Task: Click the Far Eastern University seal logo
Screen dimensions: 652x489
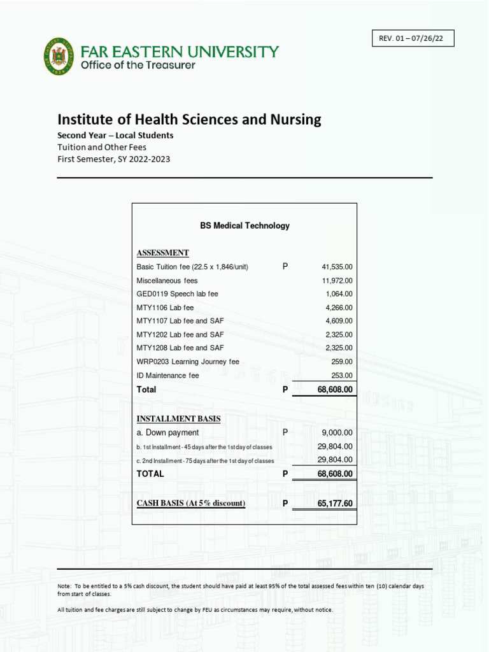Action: (59, 56)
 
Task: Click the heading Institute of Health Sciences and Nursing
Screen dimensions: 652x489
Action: (189, 119)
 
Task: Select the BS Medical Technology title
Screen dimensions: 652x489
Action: (244, 225)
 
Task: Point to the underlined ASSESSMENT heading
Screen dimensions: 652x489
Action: (162, 253)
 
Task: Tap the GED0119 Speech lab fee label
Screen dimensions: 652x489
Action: (177, 294)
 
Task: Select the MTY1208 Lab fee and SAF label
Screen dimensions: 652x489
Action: (180, 348)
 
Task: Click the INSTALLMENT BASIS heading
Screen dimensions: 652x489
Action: (178, 418)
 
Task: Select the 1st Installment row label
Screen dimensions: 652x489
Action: (204, 447)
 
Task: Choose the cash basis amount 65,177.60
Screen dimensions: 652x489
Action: (335, 504)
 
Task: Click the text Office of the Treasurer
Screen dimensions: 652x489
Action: (138, 65)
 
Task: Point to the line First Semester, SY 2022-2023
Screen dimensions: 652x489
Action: (114, 159)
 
